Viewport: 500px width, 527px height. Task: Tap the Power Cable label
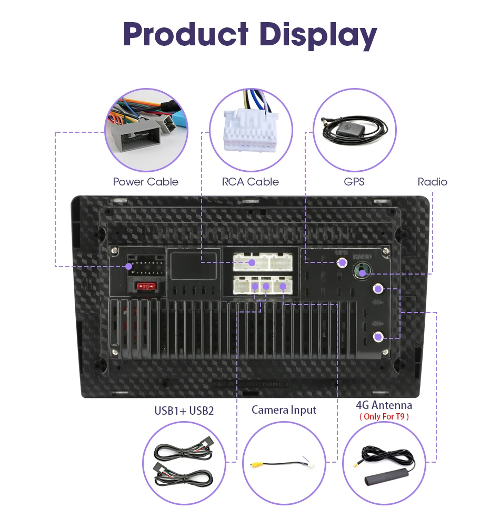(x=145, y=182)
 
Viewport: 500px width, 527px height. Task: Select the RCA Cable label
(x=250, y=182)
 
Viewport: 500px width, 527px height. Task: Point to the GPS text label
(x=354, y=182)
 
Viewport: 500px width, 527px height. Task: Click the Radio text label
(x=432, y=182)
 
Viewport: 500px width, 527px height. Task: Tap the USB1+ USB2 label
(x=184, y=411)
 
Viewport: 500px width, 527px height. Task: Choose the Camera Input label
(x=284, y=409)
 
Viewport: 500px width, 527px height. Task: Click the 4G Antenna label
(x=384, y=405)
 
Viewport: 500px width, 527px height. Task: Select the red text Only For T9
(x=384, y=417)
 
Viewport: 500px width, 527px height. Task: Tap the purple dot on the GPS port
(x=342, y=262)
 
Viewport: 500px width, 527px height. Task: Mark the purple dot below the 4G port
(x=378, y=337)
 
